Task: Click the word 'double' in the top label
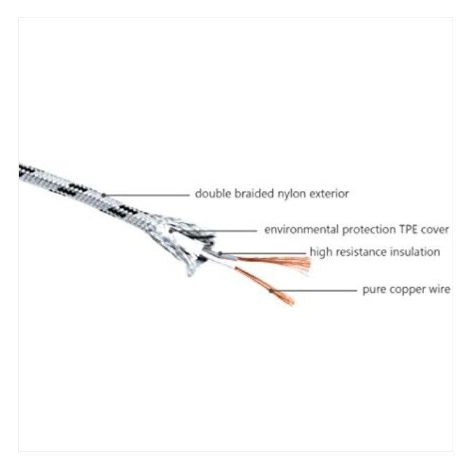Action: point(213,193)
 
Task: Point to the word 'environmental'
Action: point(301,229)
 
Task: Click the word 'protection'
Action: point(369,230)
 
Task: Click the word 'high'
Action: point(321,252)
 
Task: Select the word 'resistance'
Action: point(361,252)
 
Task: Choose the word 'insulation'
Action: point(415,252)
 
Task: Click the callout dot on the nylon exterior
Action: point(104,195)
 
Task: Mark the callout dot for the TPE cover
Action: point(171,231)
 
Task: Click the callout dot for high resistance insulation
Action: point(220,254)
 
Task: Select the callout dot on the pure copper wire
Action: point(271,291)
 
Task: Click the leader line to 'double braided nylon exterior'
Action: point(147,195)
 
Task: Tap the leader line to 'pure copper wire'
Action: point(314,291)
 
